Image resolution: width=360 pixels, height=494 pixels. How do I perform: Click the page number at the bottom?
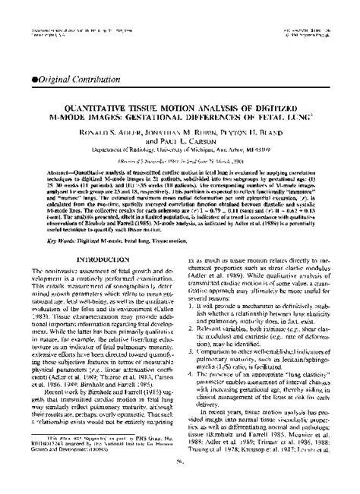tap(179, 480)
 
